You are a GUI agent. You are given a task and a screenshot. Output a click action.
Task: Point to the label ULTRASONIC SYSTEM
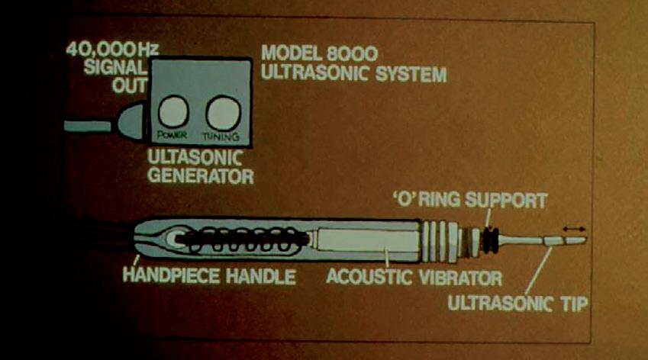coord(354,76)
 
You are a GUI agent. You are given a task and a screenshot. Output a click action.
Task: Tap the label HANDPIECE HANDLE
coord(208,277)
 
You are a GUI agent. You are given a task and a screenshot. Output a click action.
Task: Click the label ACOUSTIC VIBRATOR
coord(414,276)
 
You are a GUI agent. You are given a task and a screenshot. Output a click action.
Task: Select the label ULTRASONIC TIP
coord(517,304)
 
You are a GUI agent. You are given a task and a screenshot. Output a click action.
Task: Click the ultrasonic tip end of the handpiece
coord(569,240)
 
